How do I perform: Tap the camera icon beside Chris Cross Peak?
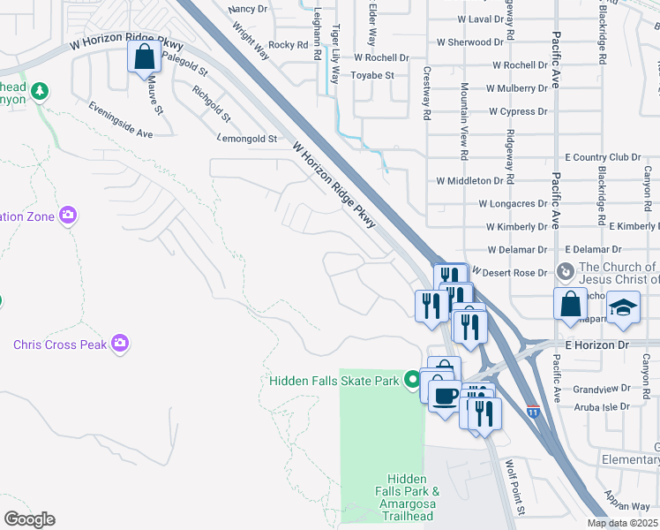click(120, 344)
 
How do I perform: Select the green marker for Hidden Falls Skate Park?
click(411, 381)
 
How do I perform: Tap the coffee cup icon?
click(446, 394)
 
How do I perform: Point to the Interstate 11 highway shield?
click(533, 412)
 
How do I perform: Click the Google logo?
click(29, 519)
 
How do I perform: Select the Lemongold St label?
click(247, 139)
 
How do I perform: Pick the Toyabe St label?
click(373, 76)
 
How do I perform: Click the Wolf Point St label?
click(514, 487)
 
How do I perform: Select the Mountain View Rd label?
click(464, 121)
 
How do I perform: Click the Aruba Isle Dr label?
click(600, 406)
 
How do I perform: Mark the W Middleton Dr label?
click(469, 180)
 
